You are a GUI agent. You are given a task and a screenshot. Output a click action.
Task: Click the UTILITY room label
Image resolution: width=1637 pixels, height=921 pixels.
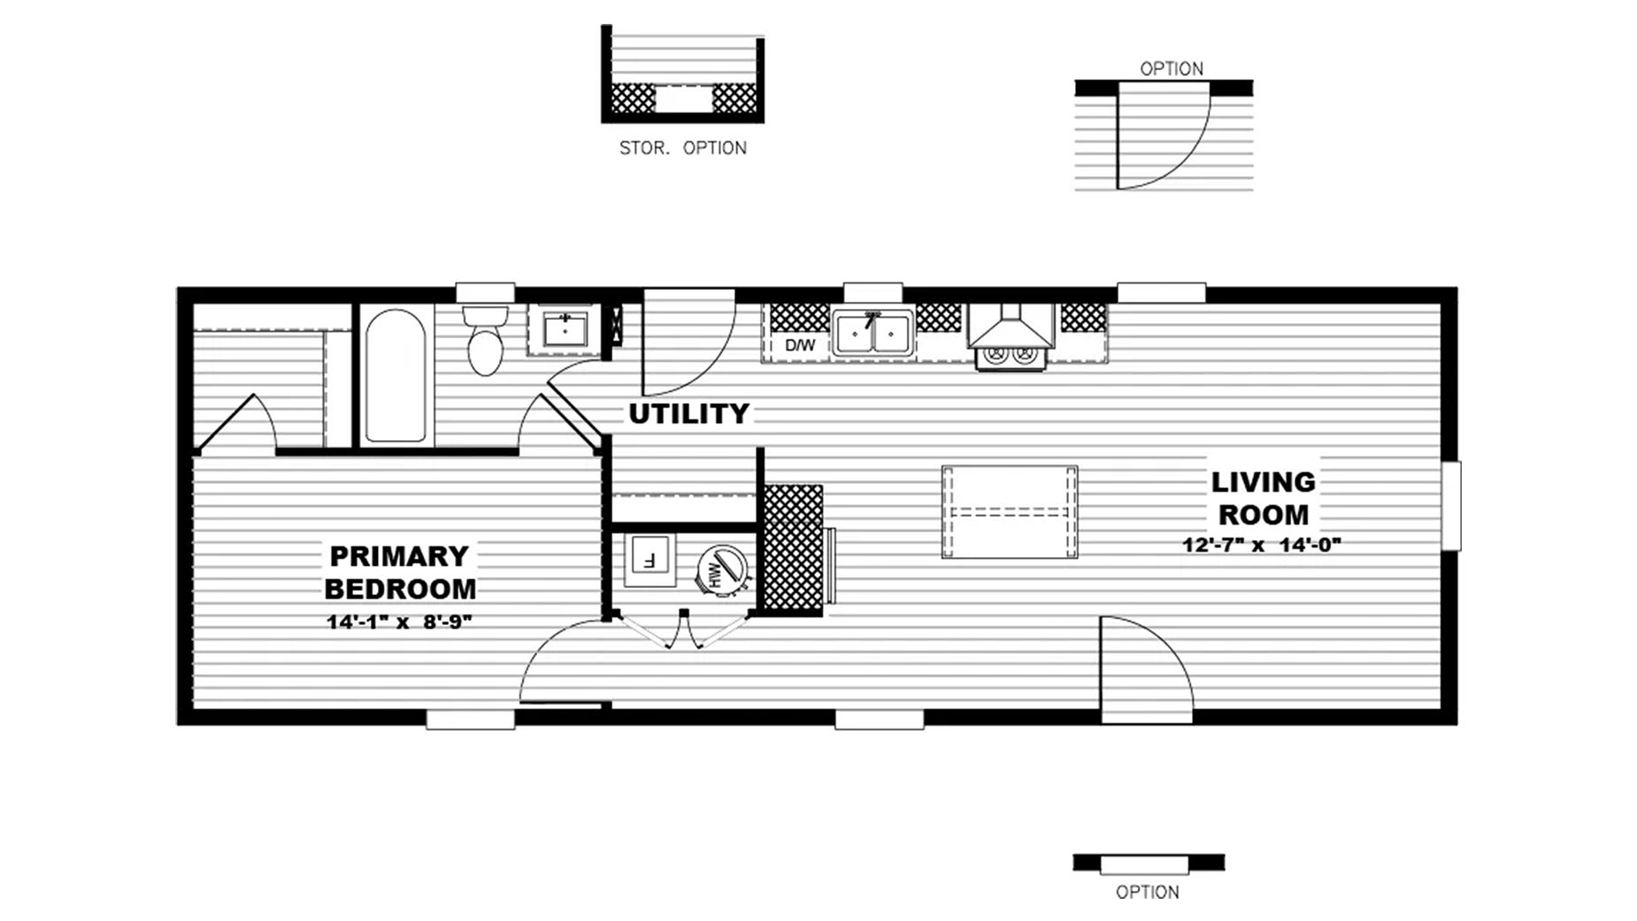click(x=688, y=414)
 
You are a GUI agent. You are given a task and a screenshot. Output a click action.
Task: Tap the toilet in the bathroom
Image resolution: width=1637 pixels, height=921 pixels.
click(x=485, y=340)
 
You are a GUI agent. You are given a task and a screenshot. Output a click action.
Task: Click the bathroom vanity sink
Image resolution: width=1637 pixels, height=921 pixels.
click(x=565, y=330)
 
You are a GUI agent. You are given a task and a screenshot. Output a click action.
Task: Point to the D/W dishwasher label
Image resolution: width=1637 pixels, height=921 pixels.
click(x=800, y=345)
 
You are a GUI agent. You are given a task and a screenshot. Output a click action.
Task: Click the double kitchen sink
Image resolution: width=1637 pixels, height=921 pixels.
click(x=872, y=334)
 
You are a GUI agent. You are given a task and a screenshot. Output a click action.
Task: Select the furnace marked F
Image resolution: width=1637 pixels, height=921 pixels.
click(x=649, y=560)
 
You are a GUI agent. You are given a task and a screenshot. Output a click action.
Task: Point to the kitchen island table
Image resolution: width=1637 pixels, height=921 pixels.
click(x=1010, y=512)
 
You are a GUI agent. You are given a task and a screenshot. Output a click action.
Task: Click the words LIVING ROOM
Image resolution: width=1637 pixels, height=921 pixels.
click(x=1263, y=498)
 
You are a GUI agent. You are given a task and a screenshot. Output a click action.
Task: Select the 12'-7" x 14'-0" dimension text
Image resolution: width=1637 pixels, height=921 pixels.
click(x=1262, y=545)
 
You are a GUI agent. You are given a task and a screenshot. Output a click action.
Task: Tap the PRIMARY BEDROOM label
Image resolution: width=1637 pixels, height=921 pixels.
click(x=400, y=572)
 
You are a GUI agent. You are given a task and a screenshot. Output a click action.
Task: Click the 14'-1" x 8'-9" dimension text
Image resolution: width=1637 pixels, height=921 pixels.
click(x=399, y=622)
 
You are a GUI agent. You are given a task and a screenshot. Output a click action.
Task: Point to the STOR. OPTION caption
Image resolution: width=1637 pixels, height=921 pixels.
click(x=682, y=148)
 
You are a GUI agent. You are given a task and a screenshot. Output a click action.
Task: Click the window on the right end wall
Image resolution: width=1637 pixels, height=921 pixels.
click(x=1451, y=506)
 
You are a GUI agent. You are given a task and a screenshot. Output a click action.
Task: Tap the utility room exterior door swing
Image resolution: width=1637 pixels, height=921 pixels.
click(x=688, y=342)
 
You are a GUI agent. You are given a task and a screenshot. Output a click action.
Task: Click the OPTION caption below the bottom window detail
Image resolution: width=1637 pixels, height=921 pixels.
click(x=1147, y=892)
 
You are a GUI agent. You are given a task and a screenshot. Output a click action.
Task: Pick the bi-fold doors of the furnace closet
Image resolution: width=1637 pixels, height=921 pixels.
click(x=683, y=631)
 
